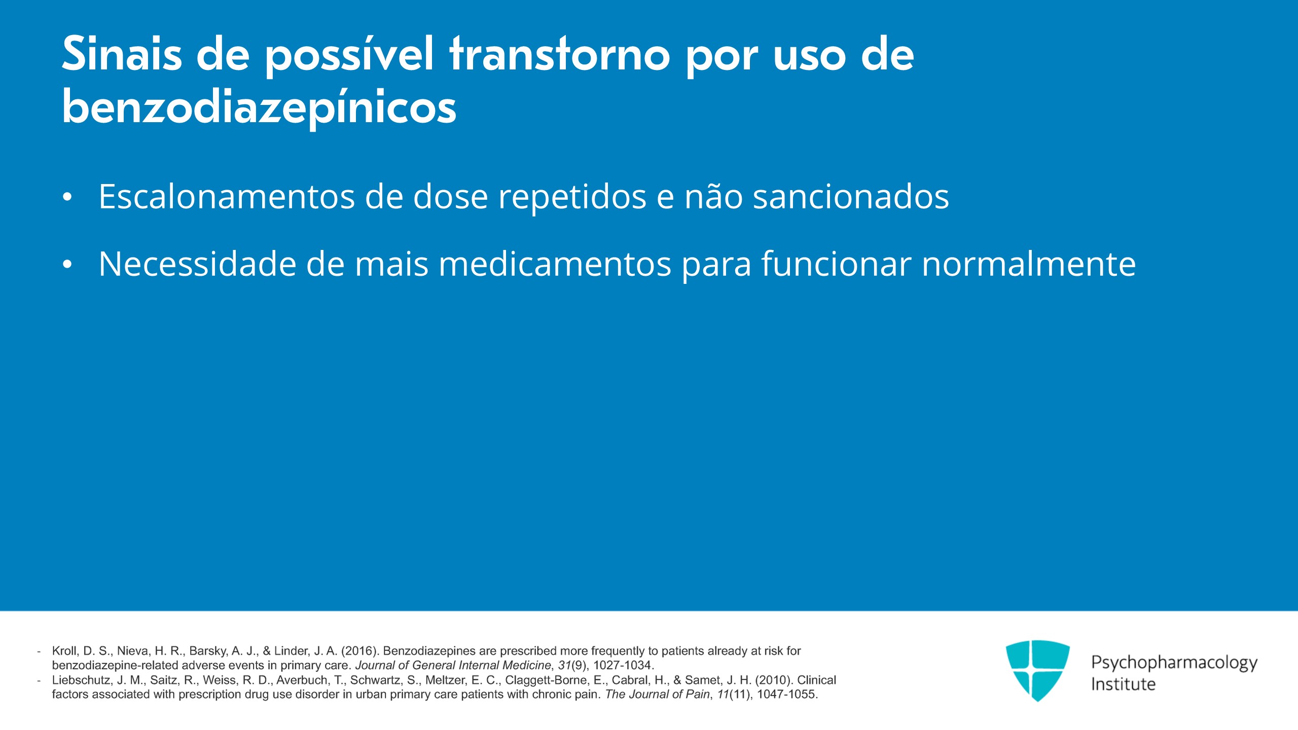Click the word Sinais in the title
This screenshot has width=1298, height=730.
[122, 54]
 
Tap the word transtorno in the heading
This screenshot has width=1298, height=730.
[560, 54]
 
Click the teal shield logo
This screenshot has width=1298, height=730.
[1038, 670]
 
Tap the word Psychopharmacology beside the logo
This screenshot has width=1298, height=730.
[1174, 663]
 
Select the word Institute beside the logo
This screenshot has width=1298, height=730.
[1124, 684]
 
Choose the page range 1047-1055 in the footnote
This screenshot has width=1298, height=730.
[787, 695]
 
